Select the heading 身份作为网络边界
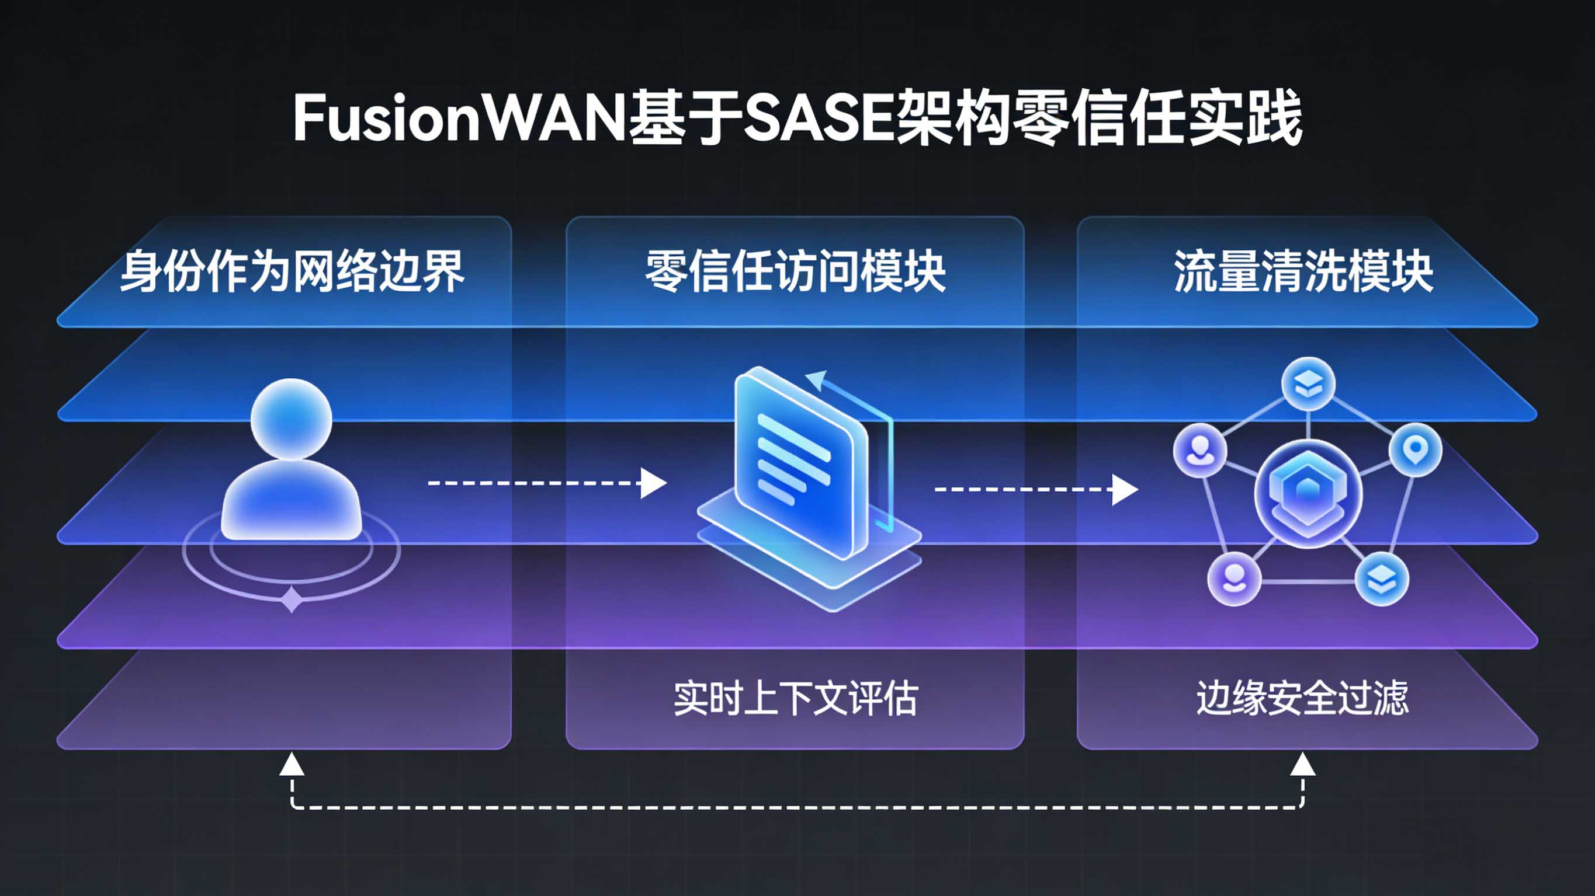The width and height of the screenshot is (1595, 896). (x=292, y=271)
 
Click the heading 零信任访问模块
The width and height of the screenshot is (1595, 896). (x=795, y=271)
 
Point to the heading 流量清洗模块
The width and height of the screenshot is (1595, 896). (x=1303, y=271)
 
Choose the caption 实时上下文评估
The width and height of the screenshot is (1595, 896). (x=795, y=699)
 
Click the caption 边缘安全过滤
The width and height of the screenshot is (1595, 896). (x=1302, y=699)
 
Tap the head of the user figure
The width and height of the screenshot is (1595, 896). (x=291, y=419)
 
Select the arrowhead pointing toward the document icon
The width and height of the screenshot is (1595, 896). (x=653, y=483)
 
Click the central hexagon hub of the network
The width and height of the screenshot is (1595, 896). (x=1308, y=493)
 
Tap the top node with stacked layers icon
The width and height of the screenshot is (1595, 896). (x=1308, y=384)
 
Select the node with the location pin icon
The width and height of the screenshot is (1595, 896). (x=1415, y=449)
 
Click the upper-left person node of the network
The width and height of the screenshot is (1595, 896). (x=1200, y=450)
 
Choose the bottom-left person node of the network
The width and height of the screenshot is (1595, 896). (x=1234, y=579)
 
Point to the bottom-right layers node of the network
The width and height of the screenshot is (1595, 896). (x=1381, y=579)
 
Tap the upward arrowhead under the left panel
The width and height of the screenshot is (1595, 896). (x=292, y=765)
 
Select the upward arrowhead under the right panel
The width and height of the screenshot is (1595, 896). (x=1302, y=765)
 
